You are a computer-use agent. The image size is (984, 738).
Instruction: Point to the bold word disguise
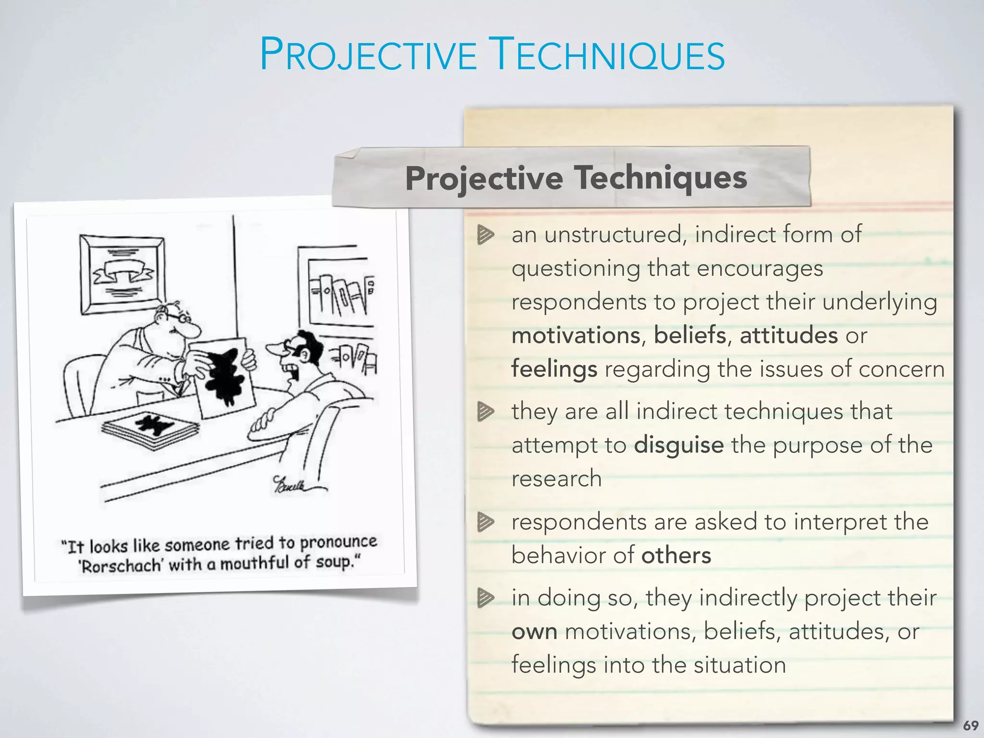[678, 445]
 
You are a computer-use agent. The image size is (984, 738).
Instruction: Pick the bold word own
[534, 631]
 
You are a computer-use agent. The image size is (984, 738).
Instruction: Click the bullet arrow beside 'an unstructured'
[485, 235]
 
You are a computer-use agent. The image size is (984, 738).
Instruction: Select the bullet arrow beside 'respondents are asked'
[485, 522]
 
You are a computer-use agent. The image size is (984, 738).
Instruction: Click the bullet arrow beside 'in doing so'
[485, 598]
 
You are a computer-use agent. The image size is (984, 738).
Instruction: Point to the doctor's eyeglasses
[184, 317]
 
